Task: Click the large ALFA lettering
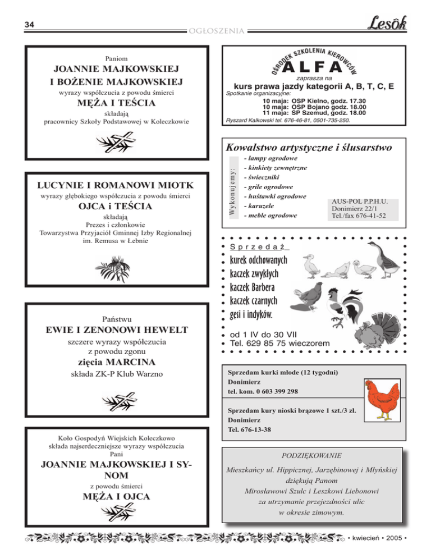click(313, 67)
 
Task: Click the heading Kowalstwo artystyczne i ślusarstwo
click(308, 148)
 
